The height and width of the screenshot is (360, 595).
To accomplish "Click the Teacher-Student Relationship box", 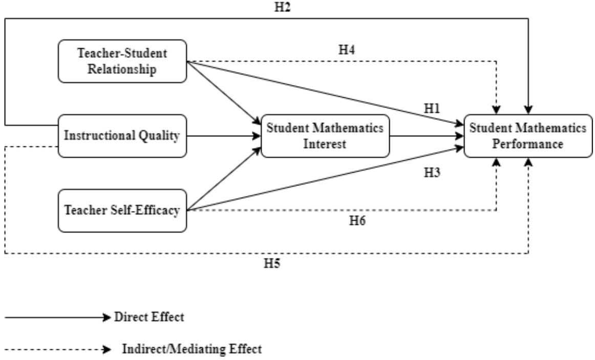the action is (122, 61).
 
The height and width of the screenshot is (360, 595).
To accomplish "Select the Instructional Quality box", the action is (122, 136).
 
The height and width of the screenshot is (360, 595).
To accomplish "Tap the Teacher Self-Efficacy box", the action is (122, 210).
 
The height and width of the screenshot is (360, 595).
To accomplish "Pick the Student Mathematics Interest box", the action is (325, 136).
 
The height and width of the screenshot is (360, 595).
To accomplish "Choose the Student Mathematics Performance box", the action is (528, 136).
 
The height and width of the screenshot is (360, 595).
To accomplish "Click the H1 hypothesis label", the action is (432, 109).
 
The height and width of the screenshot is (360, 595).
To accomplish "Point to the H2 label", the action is (282, 7).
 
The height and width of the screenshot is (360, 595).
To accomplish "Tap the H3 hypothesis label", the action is (432, 173).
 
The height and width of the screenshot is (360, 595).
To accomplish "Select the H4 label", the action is (347, 50).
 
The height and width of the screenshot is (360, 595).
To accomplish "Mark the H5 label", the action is (272, 263).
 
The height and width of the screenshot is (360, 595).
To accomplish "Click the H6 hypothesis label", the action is (357, 220).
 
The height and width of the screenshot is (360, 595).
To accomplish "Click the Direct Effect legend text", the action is (149, 317).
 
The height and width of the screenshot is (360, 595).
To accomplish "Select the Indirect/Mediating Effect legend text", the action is (192, 349).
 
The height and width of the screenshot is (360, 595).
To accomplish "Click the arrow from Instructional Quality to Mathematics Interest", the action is (224, 136).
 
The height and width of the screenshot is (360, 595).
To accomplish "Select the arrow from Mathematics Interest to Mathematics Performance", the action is (427, 136).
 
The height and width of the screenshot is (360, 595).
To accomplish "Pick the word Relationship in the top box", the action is (122, 69).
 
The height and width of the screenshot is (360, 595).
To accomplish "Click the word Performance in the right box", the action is (528, 144).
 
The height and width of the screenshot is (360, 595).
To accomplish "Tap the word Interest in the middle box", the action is (325, 144).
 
